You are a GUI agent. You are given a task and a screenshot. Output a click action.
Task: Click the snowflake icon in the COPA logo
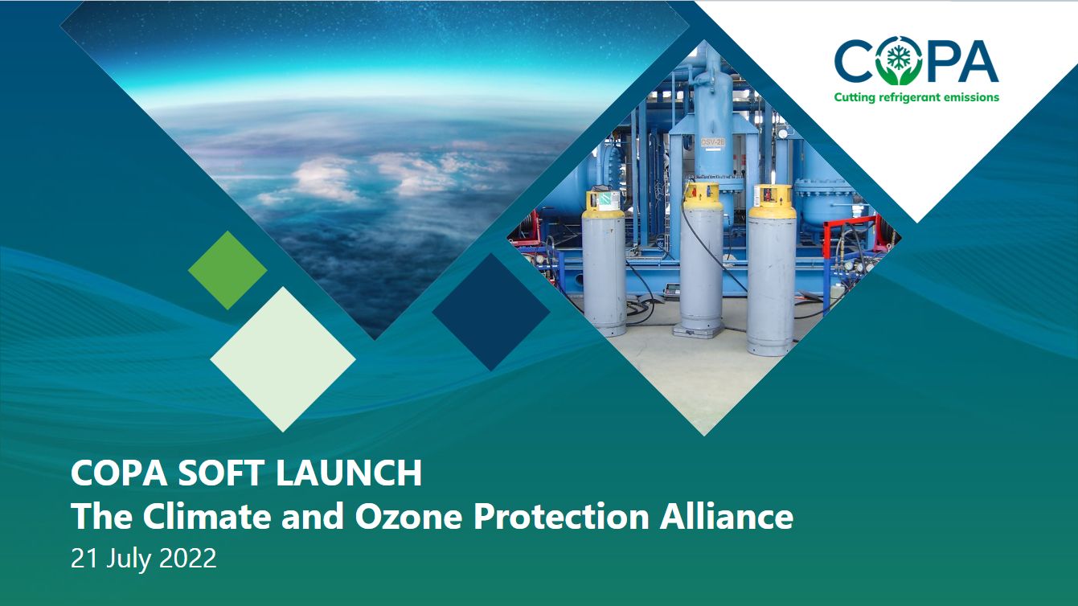[898, 58]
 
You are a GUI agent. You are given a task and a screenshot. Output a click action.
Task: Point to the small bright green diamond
[227, 270]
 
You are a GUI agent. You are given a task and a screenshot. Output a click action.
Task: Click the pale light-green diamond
[283, 359]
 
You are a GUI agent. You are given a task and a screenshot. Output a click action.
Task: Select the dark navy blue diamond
[491, 311]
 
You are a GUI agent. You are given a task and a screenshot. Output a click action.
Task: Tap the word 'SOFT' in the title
[221, 473]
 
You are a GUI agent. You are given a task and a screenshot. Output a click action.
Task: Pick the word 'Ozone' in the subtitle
[408, 516]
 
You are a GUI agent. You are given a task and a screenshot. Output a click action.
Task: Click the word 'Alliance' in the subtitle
[726, 516]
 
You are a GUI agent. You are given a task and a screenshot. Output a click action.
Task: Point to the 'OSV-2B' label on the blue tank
[713, 142]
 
